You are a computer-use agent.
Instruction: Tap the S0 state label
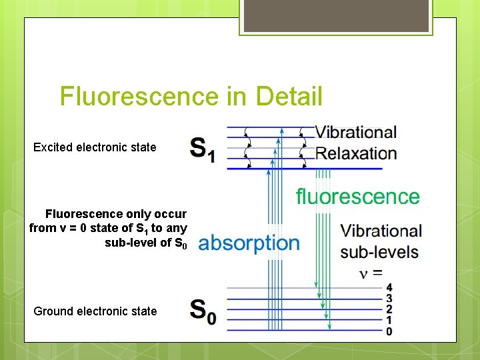[203, 311]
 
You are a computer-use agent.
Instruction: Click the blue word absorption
[249, 242]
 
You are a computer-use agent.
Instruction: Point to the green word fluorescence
[357, 196]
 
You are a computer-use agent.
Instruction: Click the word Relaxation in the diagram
[356, 153]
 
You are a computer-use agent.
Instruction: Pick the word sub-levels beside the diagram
[379, 252]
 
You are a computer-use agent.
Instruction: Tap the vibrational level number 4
[389, 288]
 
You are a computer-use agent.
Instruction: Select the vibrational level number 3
[389, 299]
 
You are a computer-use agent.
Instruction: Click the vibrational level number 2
[389, 309]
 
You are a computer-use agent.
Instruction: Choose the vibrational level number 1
[389, 321]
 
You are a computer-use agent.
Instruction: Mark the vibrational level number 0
[389, 331]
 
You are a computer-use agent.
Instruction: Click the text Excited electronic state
[95, 147]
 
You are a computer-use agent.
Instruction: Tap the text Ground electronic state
[95, 311]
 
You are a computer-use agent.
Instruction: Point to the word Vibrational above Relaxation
[356, 133]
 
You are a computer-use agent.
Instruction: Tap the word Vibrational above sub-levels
[381, 231]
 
